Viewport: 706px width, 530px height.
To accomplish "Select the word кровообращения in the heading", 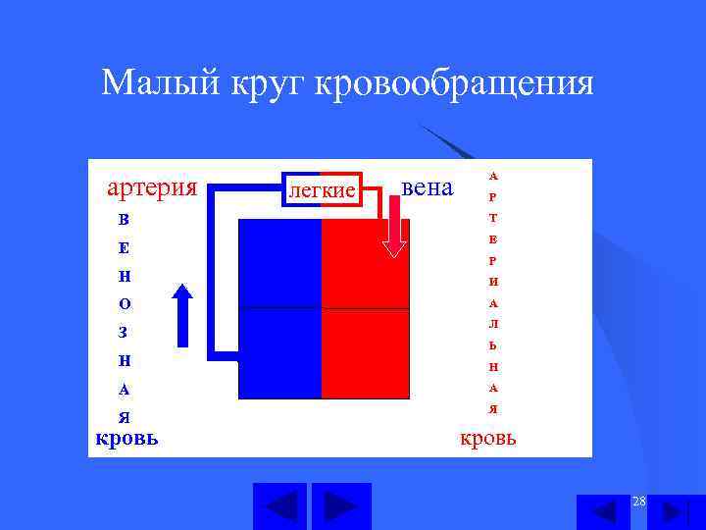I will click(454, 82).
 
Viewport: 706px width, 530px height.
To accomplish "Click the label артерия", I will click(152, 186).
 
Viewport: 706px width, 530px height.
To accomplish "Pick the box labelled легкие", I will click(321, 189).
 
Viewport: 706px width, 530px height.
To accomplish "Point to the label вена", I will click(429, 186).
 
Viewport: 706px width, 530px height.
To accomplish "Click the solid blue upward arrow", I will click(182, 315).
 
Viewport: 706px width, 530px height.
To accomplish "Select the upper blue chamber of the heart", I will click(280, 263).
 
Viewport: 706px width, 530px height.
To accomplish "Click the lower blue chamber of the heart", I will click(280, 353).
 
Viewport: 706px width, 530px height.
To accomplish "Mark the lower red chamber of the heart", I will click(365, 353).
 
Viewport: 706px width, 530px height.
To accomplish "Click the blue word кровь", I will click(127, 437).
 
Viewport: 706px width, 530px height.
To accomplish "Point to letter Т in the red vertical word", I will click(493, 218).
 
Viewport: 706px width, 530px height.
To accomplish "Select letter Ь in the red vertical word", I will click(493, 345).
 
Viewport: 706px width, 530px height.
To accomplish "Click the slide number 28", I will click(639, 503).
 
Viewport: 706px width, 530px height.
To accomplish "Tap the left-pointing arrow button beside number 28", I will click(603, 512).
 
